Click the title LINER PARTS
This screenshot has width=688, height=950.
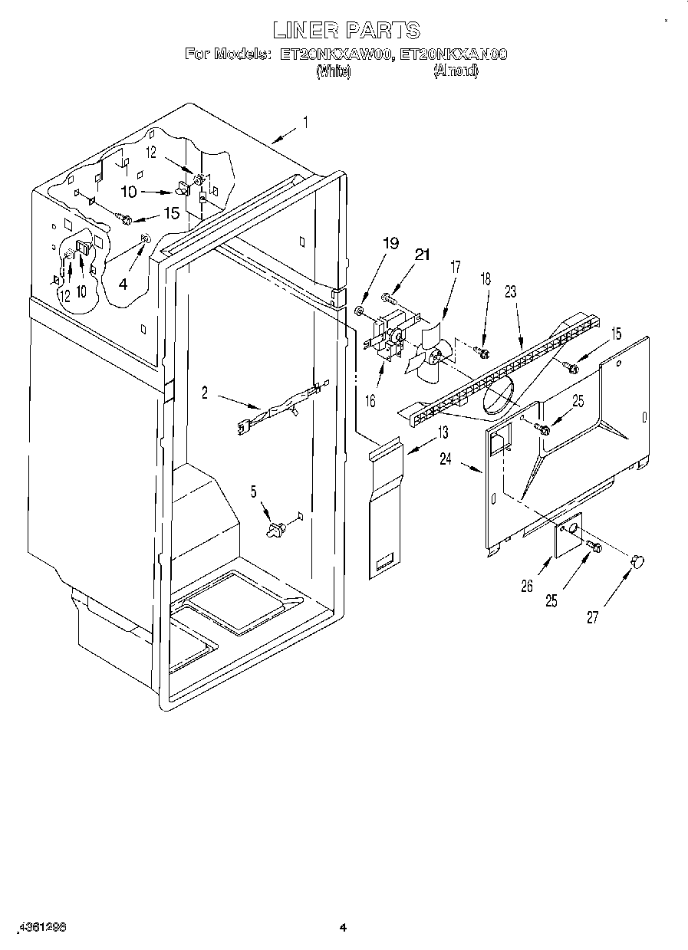(347, 30)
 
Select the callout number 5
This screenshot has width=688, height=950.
(255, 491)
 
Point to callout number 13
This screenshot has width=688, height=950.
(442, 432)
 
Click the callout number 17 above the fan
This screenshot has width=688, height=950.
(456, 268)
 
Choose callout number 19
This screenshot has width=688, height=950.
(391, 244)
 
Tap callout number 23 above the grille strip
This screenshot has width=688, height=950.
(510, 291)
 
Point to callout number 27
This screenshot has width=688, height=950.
(592, 617)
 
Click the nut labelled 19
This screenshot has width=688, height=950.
(359, 311)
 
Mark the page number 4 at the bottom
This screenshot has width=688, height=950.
(344, 928)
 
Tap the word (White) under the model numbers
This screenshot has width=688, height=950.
(334, 71)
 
